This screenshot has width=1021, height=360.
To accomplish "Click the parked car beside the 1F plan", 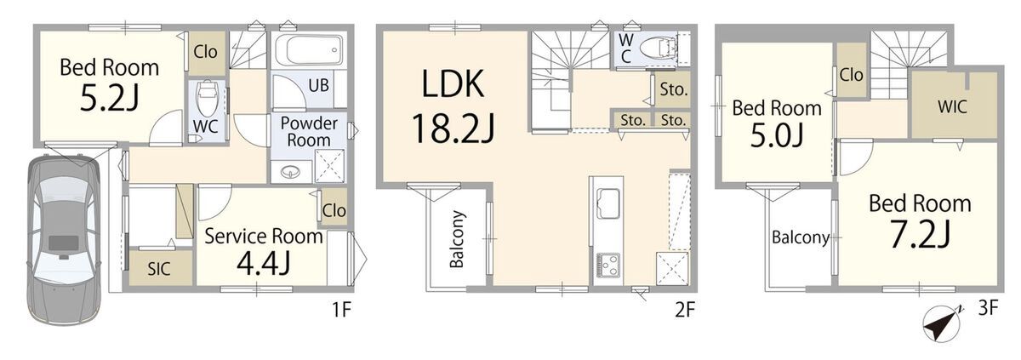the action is click(x=64, y=240).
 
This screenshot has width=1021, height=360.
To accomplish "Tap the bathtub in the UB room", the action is click(x=309, y=50).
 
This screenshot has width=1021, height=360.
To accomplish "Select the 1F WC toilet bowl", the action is click(x=208, y=98).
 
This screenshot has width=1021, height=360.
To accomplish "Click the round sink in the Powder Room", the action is click(x=289, y=172).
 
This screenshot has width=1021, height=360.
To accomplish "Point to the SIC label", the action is click(x=158, y=269).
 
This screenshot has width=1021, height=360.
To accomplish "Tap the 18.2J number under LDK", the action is click(x=453, y=129).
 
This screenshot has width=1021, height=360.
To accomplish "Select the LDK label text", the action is click(x=453, y=83).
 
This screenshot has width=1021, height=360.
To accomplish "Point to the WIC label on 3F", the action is click(x=952, y=106).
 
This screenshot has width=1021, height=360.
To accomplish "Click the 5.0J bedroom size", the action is click(x=777, y=135).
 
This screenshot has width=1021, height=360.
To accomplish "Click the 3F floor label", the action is click(x=988, y=309).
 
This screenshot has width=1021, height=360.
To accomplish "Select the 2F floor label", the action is click(x=685, y=310).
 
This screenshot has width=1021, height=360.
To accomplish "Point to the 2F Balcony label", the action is click(x=457, y=239).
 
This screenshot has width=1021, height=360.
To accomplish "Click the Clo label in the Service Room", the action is click(x=334, y=210).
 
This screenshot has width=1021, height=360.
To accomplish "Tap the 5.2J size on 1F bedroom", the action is click(x=109, y=99).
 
